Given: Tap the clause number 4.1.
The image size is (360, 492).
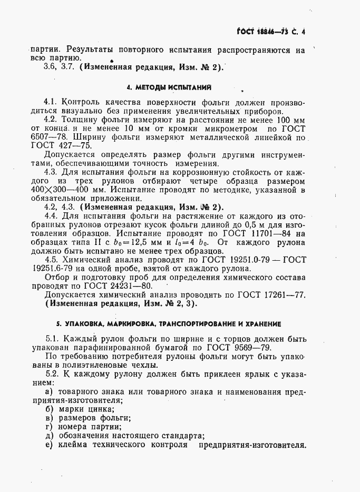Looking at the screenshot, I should (52, 102).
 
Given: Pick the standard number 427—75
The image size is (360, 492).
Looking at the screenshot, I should (69, 147).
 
